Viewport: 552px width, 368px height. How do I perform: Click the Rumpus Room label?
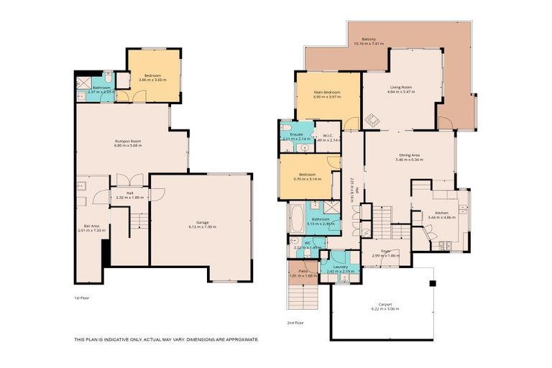pos(128,141)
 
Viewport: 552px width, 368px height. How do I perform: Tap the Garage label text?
pos(202,223)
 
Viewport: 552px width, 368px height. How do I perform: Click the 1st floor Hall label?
pos(129,193)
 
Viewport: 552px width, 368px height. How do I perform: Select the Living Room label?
pos(401,88)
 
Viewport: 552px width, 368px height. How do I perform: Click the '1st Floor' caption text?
pos(82,298)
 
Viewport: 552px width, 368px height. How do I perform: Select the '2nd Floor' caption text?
pos(295,323)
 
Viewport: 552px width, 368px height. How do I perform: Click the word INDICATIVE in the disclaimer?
pos(116,339)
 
